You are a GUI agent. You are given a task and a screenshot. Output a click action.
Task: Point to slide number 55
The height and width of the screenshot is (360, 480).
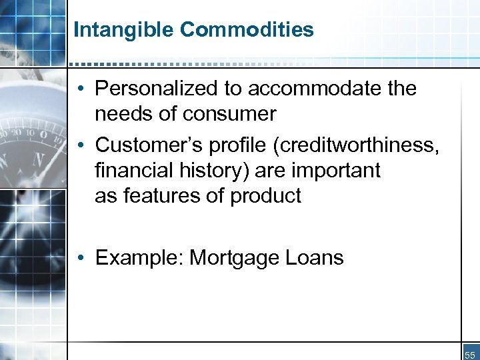click(470, 354)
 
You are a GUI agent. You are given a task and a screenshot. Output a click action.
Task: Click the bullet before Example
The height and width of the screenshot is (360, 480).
click(79, 258)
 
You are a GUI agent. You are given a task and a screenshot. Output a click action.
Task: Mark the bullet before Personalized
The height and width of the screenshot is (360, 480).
click(79, 89)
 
